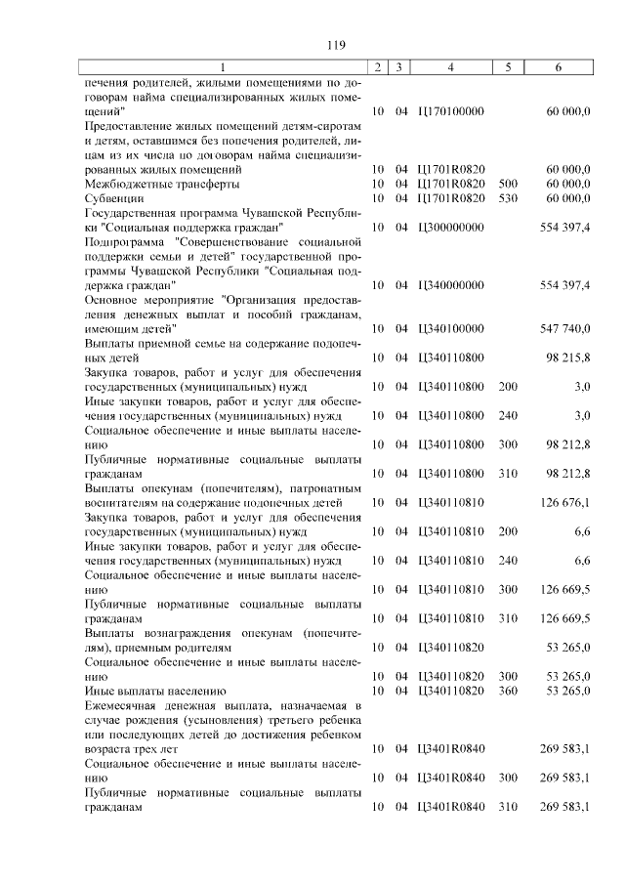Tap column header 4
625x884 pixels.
coord(450,67)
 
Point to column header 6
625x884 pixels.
coord(558,67)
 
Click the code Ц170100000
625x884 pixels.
coord(450,112)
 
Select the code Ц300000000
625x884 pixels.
coord(450,227)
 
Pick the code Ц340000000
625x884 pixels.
coord(450,284)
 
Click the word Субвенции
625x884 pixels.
coord(115,198)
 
